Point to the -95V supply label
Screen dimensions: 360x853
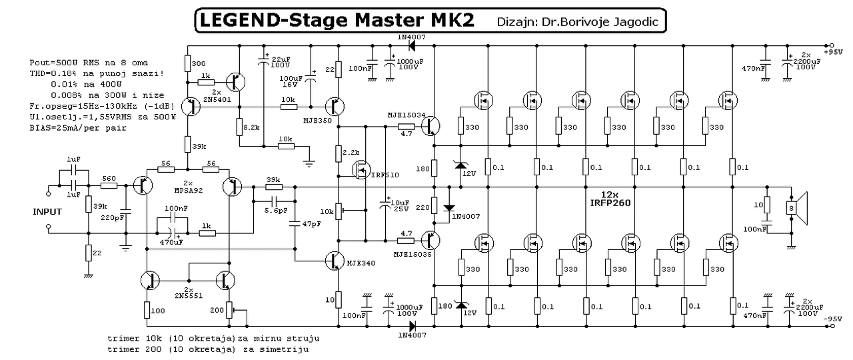pos(834,320)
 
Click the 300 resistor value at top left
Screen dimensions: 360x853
pos(198,63)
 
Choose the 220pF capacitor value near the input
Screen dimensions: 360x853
pos(112,217)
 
